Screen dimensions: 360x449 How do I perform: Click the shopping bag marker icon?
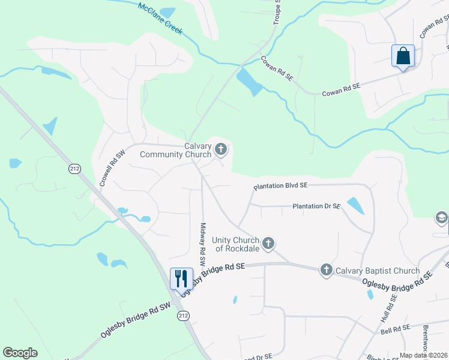[403, 56]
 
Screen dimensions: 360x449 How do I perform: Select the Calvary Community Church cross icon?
[221, 149]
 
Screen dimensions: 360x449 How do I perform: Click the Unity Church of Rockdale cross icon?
[268, 244]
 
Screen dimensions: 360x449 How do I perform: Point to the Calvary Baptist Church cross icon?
[326, 270]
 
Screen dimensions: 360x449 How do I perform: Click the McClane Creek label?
[160, 19]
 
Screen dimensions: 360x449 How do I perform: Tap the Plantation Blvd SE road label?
[280, 187]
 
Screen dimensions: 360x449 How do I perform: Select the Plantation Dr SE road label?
[316, 206]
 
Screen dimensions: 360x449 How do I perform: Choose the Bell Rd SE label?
[394, 328]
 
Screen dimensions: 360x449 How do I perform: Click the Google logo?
[20, 353]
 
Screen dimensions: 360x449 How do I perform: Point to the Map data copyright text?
[424, 355]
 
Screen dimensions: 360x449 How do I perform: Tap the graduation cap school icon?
[441, 218]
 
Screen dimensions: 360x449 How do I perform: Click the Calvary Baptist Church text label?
[378, 271]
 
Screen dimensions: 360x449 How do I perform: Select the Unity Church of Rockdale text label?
[235, 244]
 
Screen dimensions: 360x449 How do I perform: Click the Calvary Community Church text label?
[175, 150]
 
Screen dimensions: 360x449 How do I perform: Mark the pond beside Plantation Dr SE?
[355, 205]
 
